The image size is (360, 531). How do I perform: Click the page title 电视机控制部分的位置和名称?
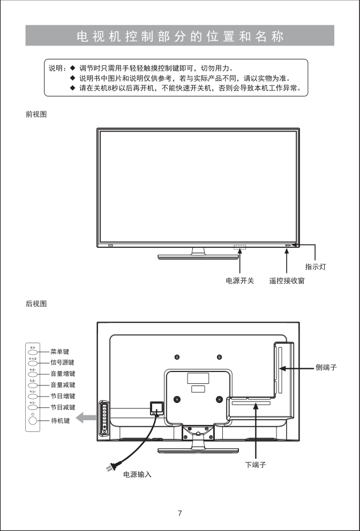click(x=180, y=36)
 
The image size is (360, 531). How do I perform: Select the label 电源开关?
click(x=239, y=280)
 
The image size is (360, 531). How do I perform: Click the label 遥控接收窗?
click(x=287, y=280)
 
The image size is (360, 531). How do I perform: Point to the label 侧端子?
click(x=326, y=367)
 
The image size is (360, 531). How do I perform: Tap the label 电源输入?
click(x=137, y=474)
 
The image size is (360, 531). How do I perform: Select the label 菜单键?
click(x=60, y=352)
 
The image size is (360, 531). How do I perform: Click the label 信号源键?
click(x=62, y=362)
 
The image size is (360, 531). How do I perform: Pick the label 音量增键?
click(x=62, y=374)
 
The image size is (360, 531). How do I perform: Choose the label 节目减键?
click(x=62, y=407)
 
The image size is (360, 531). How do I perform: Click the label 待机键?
click(x=60, y=421)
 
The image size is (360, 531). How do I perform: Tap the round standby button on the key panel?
click(x=33, y=421)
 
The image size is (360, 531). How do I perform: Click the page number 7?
click(x=180, y=513)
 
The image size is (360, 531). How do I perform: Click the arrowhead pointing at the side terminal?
click(x=283, y=368)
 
